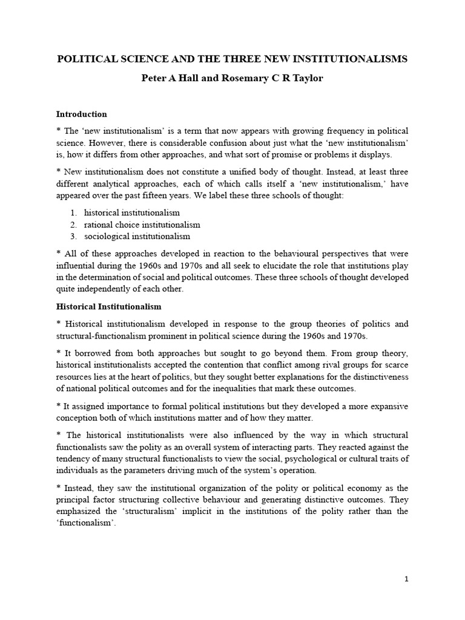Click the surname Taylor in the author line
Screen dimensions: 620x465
click(x=306, y=79)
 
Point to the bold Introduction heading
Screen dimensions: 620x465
click(x=81, y=114)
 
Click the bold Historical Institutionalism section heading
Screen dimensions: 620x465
click(x=108, y=307)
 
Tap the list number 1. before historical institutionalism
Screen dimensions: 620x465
click(x=73, y=213)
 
